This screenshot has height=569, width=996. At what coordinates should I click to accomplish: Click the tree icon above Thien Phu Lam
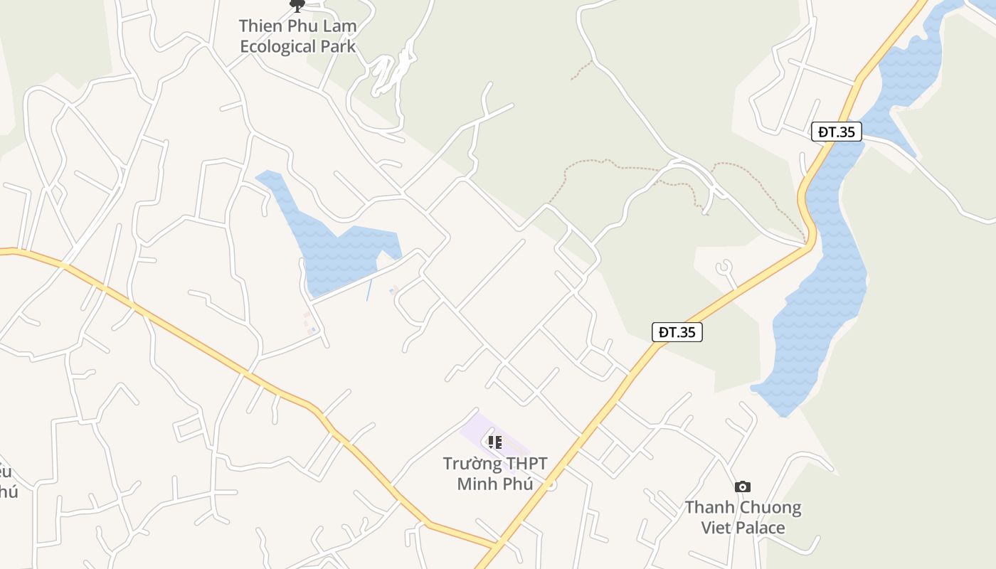tap(297, 6)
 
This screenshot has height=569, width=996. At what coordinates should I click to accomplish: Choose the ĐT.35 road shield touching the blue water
tap(836, 132)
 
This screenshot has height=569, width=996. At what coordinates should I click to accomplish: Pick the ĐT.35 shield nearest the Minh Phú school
tap(677, 332)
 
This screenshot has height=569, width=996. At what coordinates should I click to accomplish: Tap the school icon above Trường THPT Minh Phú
tap(495, 442)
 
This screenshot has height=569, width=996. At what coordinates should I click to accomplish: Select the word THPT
tap(527, 464)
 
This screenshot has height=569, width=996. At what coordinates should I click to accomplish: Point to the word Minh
tap(477, 484)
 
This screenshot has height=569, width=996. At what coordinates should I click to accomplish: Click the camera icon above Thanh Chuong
tap(743, 487)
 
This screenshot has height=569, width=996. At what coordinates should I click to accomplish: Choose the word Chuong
tap(772, 508)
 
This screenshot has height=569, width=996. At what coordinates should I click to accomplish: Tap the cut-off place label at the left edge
tap(6, 482)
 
